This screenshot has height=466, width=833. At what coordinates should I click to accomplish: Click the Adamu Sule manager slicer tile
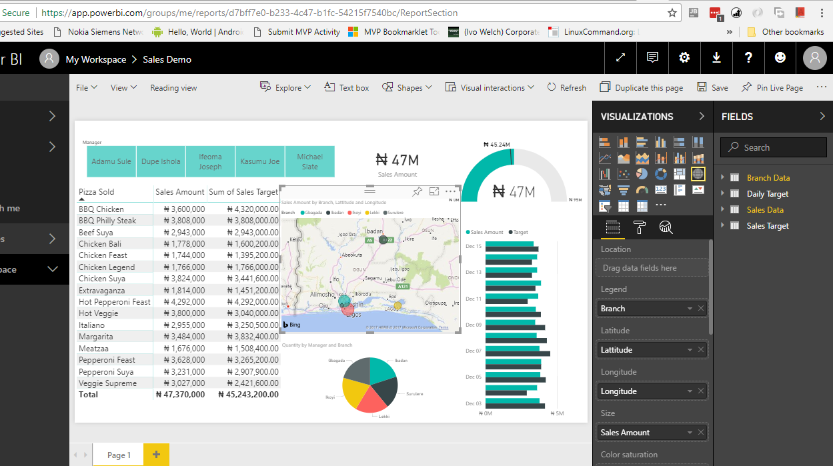tap(111, 161)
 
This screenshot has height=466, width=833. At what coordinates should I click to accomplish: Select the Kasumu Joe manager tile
tap(260, 161)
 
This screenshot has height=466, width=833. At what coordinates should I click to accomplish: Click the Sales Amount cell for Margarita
tap(180, 337)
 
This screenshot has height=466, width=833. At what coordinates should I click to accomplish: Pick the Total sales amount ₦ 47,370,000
tap(180, 395)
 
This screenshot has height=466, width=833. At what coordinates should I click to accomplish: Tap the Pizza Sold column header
tap(97, 192)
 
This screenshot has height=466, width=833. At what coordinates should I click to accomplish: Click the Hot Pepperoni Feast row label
tap(115, 302)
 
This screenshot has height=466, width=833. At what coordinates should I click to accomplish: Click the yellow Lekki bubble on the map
tap(397, 305)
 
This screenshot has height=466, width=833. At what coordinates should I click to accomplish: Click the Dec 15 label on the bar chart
tap(474, 247)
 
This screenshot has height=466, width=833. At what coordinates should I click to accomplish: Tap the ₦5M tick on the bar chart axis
tap(557, 413)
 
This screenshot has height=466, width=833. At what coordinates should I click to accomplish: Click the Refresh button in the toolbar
tap(566, 87)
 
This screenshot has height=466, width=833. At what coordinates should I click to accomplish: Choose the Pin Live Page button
tap(772, 87)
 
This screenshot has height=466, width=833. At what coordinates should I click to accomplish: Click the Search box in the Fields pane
tap(774, 147)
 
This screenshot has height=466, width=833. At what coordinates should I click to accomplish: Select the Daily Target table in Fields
tap(767, 194)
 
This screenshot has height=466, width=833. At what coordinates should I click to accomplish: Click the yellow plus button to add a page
tap(156, 455)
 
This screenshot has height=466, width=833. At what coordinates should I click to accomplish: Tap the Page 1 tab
tap(119, 455)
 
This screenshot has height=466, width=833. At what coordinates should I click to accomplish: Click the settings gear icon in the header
tap(684, 58)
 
